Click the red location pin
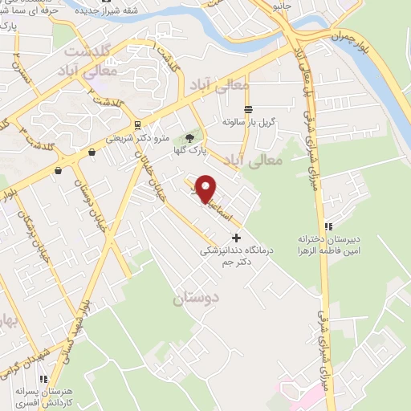(x=206, y=188)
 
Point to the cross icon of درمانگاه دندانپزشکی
(x=235, y=238)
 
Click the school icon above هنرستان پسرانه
(x=46, y=378)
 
